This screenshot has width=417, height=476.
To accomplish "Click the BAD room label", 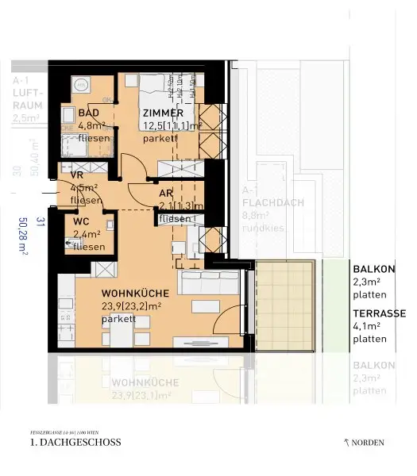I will pyautogui.click(x=87, y=113).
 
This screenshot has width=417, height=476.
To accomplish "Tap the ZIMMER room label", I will pyautogui.click(x=163, y=113).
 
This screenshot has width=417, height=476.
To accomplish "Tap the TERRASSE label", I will pyautogui.click(x=375, y=313).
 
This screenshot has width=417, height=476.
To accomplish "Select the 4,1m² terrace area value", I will pyautogui.click(x=369, y=325).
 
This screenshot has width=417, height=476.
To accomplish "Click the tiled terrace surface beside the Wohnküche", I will pyautogui.click(x=288, y=305).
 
